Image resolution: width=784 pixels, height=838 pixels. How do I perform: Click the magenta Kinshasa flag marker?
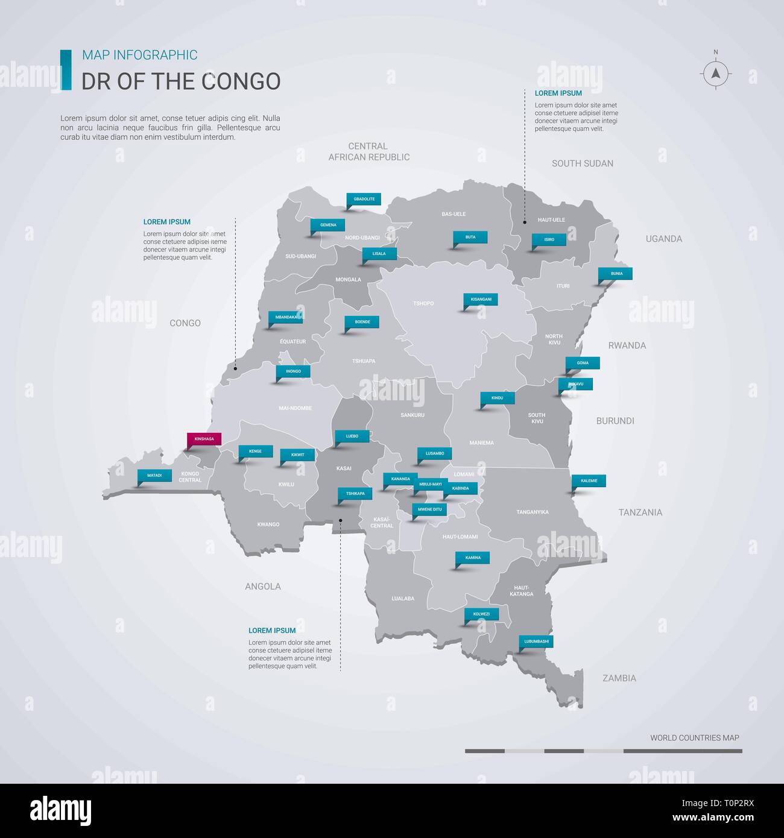click(204, 439)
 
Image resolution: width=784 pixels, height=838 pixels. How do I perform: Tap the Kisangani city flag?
click(481, 299)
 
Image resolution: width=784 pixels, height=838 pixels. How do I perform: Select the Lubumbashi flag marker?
click(536, 641)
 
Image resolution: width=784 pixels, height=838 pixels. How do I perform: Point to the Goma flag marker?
click(583, 363)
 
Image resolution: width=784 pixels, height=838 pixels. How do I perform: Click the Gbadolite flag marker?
click(364, 199)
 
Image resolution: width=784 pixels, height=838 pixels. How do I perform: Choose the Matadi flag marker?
click(154, 476)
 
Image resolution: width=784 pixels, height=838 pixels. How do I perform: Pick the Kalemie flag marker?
click(589, 481)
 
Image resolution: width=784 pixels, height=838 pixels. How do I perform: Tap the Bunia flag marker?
click(616, 274)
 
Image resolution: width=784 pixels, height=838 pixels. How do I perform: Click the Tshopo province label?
click(423, 303)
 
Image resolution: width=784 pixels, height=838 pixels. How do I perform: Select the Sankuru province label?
click(413, 415)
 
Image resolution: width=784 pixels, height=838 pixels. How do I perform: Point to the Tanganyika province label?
click(533, 512)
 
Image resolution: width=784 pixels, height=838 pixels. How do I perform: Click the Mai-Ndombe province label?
click(296, 408)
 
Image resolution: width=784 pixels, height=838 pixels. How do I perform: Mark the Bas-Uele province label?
click(454, 214)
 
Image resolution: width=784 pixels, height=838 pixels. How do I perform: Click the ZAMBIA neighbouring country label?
click(619, 678)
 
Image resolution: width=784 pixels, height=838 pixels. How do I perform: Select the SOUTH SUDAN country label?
click(583, 163)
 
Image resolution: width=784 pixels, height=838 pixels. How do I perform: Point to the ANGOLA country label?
click(263, 586)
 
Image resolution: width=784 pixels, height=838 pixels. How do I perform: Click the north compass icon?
click(716, 73)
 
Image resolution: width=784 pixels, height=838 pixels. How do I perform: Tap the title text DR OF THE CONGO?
click(181, 81)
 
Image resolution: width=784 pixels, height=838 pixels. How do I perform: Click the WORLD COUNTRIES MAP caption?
click(694, 737)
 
